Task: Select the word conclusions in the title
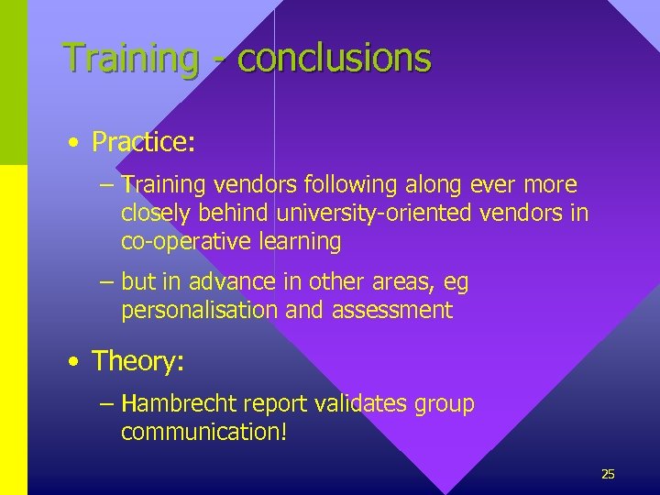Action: tap(334, 58)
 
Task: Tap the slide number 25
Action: tap(608, 474)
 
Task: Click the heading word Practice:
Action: tap(144, 142)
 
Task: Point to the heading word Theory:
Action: tap(138, 361)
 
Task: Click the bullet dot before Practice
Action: tap(71, 143)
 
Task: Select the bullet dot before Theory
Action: tap(71, 362)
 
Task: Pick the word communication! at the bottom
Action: tap(203, 432)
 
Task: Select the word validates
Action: tap(373, 403)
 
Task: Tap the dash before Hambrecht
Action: tap(106, 404)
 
